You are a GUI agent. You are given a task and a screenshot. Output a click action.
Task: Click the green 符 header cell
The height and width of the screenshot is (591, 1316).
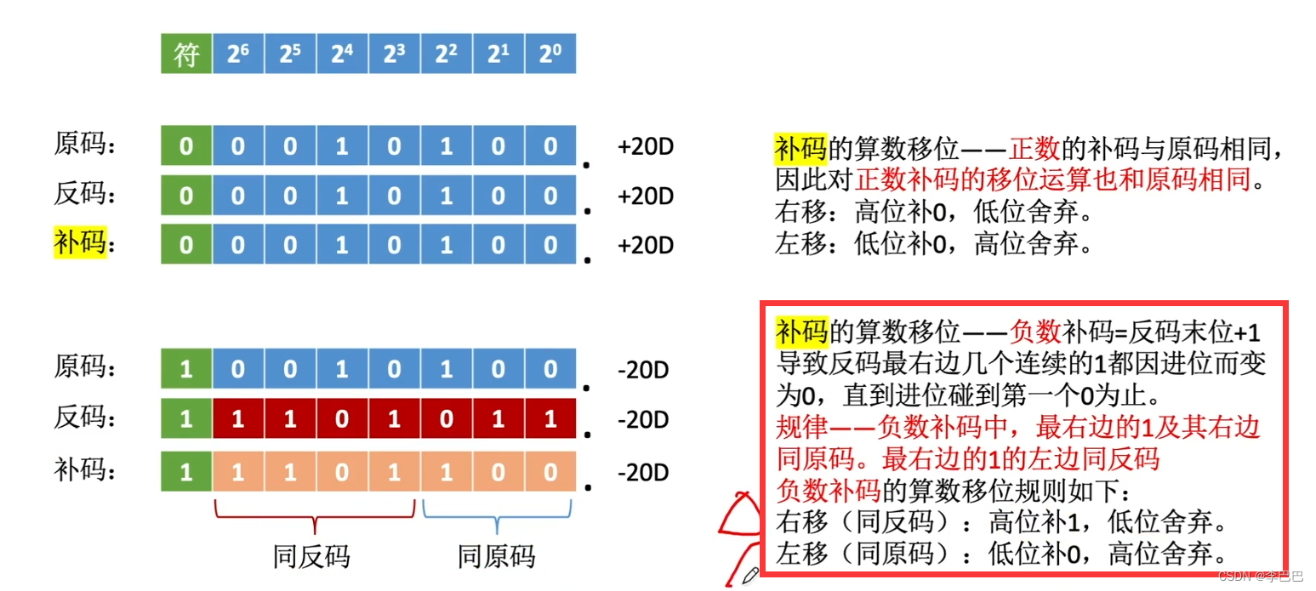[x=186, y=54]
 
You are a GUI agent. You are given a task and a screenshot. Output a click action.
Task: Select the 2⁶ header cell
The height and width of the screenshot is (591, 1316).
[x=238, y=54]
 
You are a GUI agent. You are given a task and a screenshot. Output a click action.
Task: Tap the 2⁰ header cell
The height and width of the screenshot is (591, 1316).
[x=550, y=54]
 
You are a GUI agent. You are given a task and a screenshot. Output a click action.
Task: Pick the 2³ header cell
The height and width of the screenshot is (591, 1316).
[x=394, y=54]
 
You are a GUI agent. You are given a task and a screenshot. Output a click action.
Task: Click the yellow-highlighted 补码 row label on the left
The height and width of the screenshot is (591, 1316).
[x=80, y=243]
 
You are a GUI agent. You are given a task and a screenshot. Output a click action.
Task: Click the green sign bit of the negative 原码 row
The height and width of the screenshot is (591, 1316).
[x=186, y=369]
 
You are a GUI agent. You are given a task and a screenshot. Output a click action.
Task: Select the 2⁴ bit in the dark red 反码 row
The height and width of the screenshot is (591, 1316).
[x=342, y=419]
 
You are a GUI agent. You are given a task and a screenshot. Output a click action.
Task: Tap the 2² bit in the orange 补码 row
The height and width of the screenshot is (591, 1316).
[x=446, y=470]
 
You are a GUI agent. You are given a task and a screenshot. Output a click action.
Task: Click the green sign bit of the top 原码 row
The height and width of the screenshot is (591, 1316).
[x=186, y=146]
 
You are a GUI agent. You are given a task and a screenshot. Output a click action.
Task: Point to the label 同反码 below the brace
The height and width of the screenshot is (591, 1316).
[x=312, y=557]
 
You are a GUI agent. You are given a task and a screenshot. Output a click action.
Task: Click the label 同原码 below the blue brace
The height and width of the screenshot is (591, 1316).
[x=496, y=557]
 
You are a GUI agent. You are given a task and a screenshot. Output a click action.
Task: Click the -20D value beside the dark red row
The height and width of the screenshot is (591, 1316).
[x=642, y=420]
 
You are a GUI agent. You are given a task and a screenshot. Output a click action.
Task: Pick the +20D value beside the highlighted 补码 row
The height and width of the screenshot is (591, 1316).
[x=645, y=246]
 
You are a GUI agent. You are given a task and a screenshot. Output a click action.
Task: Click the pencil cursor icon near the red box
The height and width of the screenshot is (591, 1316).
[x=750, y=576]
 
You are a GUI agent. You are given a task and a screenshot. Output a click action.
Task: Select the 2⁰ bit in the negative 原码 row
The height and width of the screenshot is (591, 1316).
[x=550, y=369]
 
